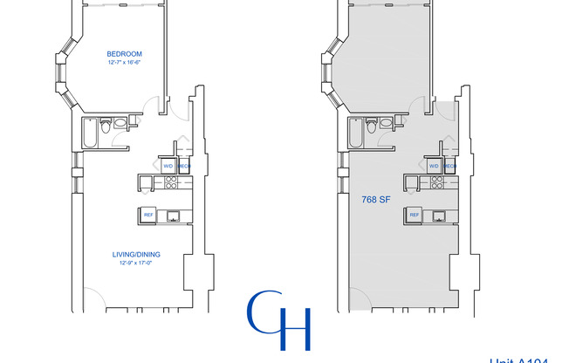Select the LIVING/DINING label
coord(136,255)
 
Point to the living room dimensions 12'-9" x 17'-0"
coord(136,264)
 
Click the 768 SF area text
coord(374,199)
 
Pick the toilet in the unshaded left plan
coord(106,128)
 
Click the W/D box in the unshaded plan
coord(168,165)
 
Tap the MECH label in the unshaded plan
coord(184,165)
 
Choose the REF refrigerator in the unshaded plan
coord(148,215)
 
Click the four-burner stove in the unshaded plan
coord(172,182)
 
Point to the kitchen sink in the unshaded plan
coord(174,215)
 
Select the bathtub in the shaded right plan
coord(354,133)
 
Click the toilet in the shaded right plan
coord(372,128)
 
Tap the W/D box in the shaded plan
coord(434,165)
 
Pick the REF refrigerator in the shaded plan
coord(415,215)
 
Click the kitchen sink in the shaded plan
coord(440,215)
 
